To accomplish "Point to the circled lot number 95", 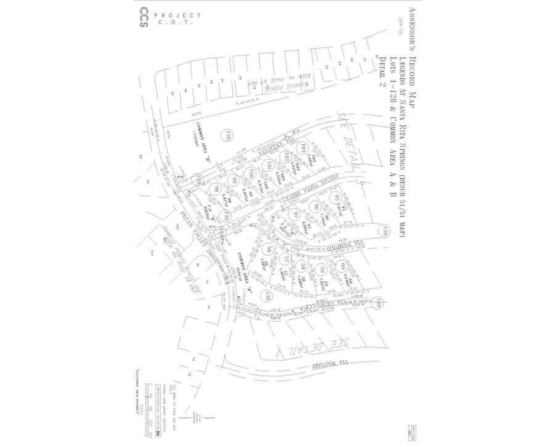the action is (x=337, y=198).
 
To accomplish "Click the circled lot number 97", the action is (x=297, y=214).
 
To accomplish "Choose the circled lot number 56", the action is (x=268, y=250).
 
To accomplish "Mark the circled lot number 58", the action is (x=303, y=266).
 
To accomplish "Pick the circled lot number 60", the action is (x=343, y=266).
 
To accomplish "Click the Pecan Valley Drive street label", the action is (x=197, y=239).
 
